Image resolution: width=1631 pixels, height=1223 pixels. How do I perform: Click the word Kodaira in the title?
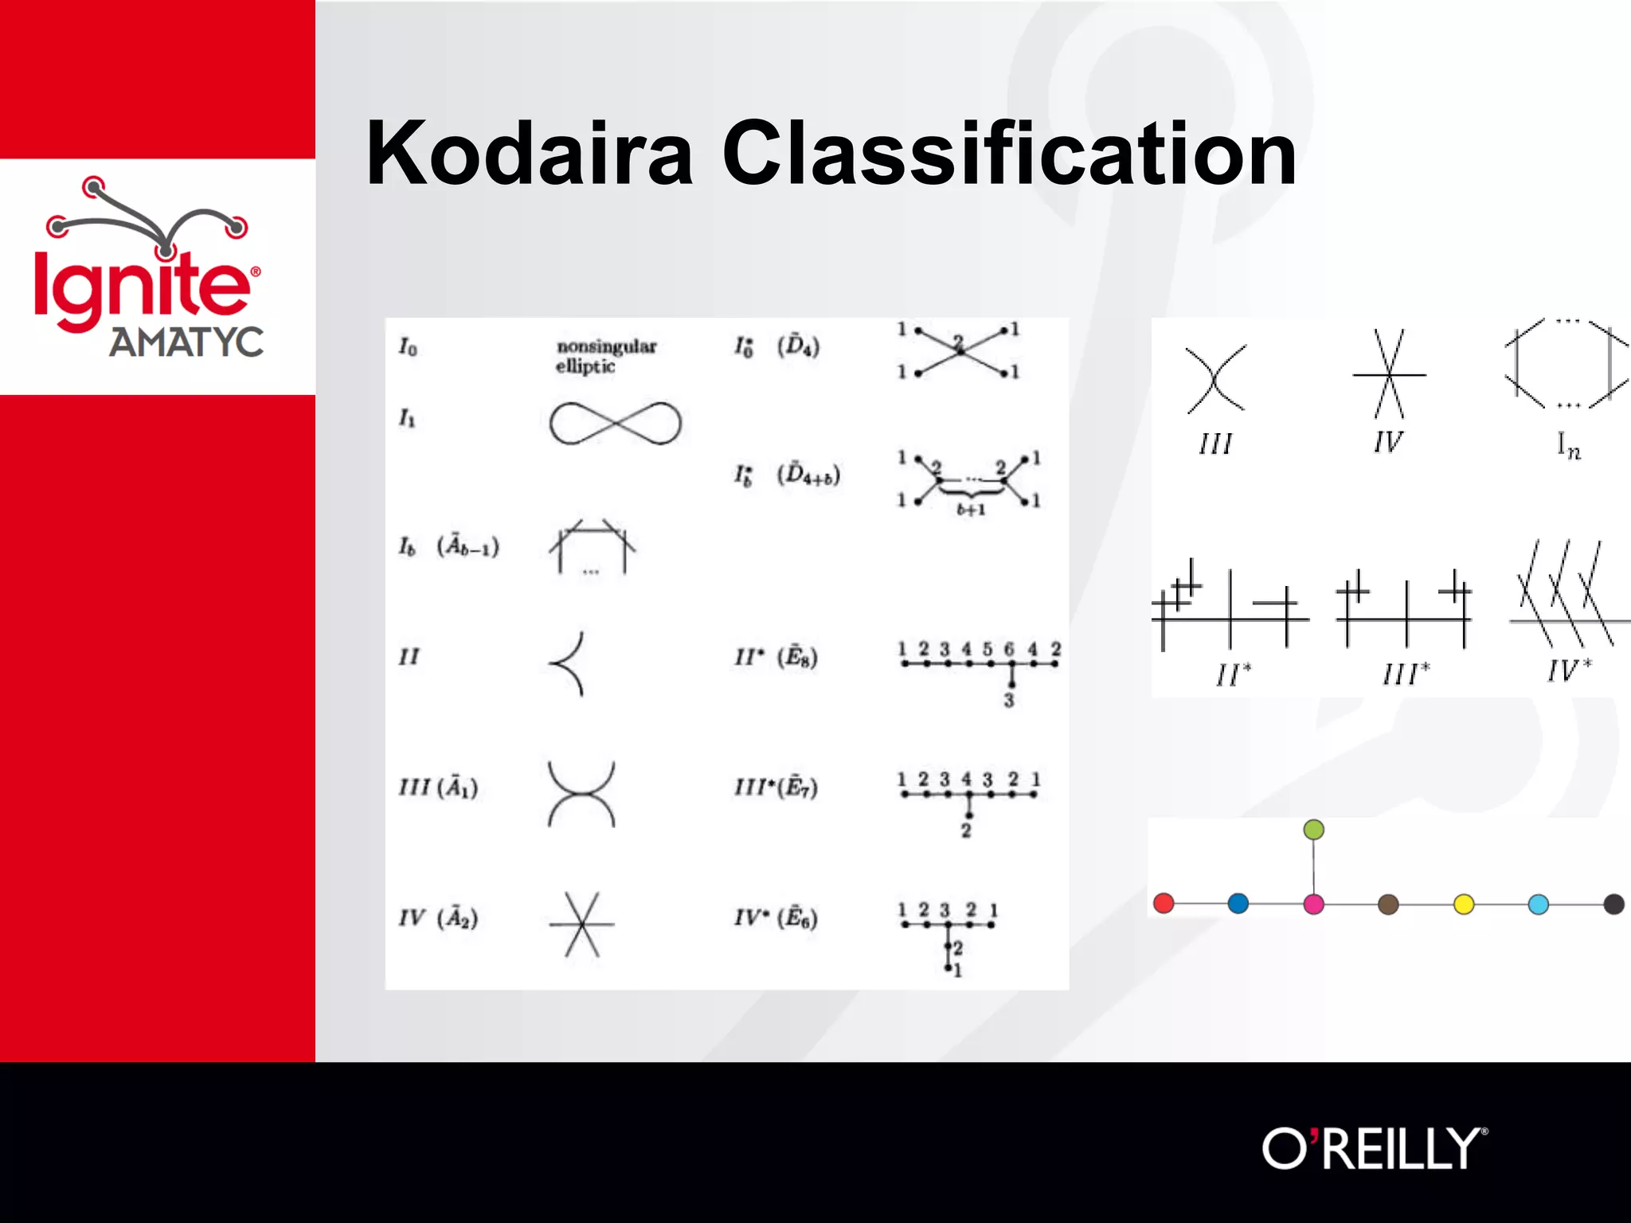coord(529,153)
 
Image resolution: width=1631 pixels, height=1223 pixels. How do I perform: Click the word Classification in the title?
coord(1009,153)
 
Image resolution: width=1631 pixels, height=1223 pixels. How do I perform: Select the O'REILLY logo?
coord(1374,1149)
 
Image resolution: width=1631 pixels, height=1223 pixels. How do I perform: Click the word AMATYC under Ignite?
coord(186,342)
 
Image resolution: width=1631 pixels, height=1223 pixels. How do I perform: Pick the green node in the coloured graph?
coord(1313,830)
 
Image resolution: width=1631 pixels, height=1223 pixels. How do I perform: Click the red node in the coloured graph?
coord(1164,903)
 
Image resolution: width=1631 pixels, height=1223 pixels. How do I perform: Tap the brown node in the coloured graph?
coord(1388,905)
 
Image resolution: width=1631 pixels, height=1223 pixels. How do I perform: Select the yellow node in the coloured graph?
coord(1464,905)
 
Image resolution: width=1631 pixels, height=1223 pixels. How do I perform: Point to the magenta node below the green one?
coord(1313,904)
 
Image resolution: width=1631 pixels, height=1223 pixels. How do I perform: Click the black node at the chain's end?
coord(1613,905)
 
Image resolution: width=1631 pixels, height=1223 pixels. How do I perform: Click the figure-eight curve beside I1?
coord(615,423)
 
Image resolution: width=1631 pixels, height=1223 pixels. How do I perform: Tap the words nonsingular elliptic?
coord(605,356)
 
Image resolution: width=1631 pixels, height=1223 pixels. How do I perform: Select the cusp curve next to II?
coord(569,664)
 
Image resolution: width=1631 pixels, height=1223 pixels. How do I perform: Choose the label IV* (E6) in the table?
coord(776,918)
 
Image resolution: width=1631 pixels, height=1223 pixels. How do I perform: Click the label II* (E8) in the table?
coord(776,657)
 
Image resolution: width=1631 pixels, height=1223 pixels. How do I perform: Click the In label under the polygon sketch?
coord(1568,446)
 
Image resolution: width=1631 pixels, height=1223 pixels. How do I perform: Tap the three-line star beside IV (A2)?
coord(582,924)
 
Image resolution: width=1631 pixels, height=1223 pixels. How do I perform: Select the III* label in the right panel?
coord(1406,674)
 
